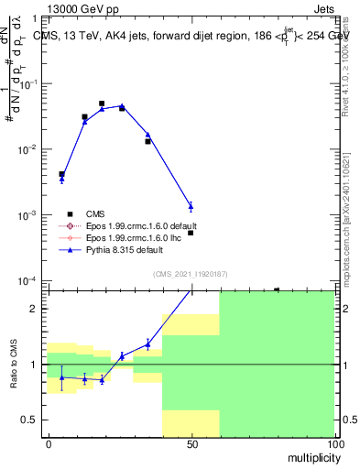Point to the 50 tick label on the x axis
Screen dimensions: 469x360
pyautogui.click(x=191, y=444)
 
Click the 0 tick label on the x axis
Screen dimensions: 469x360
pyautogui.click(x=49, y=444)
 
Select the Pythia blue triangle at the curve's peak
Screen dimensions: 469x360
pyautogui.click(x=122, y=106)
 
